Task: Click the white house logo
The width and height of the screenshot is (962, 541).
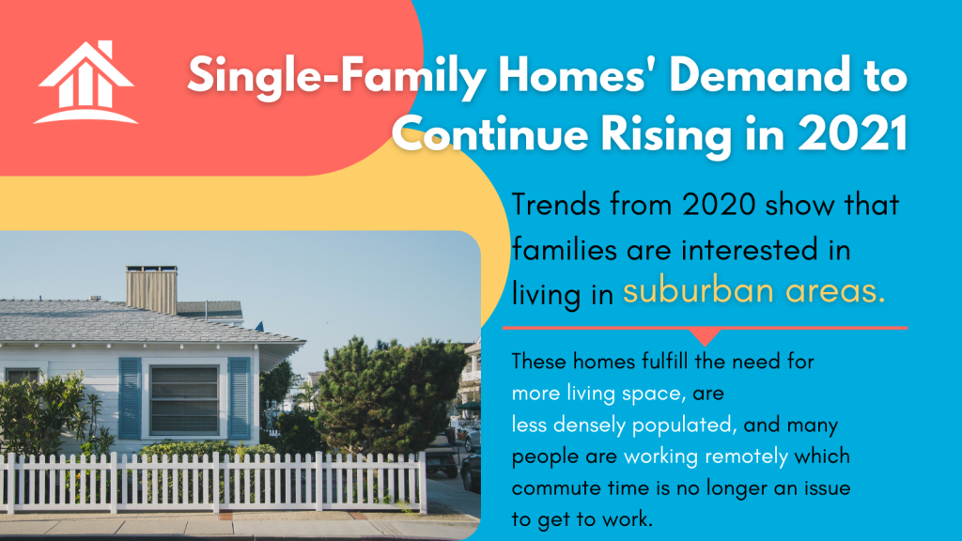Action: point(85,83)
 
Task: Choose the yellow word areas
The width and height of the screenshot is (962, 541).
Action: point(835,291)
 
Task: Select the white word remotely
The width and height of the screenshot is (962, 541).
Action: point(746,456)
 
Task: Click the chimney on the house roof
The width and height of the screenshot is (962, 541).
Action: point(151,289)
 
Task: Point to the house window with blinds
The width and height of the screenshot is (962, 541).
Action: point(184,400)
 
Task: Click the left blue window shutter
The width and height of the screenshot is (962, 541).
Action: point(130,398)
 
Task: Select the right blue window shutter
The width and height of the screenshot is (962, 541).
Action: point(240,398)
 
